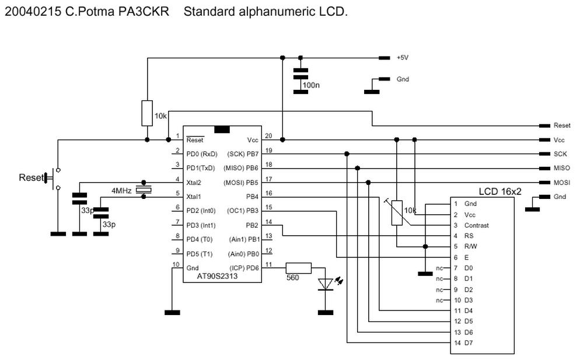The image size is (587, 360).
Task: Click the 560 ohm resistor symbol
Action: (298, 268)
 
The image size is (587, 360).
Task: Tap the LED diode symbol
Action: (326, 284)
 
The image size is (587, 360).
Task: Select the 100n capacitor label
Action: (311, 85)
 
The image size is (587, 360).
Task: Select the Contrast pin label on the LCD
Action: (476, 225)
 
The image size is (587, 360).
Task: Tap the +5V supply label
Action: (403, 58)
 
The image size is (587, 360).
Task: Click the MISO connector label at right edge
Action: (561, 168)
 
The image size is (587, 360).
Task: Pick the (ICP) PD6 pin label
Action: (244, 268)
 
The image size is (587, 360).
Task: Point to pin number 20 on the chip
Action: (268, 136)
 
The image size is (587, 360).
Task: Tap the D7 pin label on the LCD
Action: (468, 342)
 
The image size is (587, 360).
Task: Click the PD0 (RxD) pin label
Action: (201, 154)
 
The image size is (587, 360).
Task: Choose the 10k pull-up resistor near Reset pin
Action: (147, 113)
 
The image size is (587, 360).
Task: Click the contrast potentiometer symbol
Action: (396, 212)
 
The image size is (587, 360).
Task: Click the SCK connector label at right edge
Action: (560, 154)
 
